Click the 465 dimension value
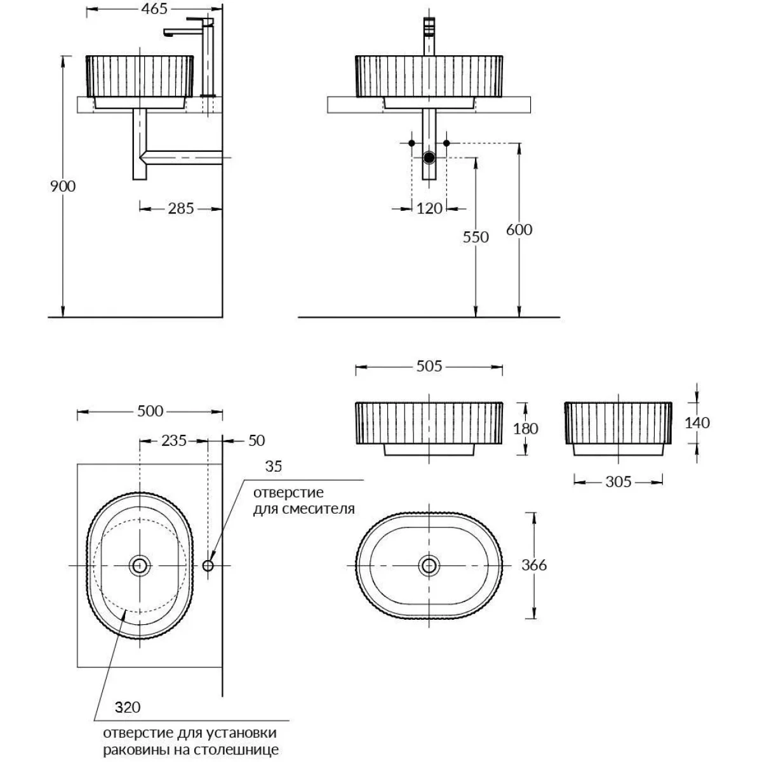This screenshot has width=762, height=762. [x=154, y=9]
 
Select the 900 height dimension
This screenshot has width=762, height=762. [x=63, y=186]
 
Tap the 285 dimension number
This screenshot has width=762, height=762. [x=181, y=208]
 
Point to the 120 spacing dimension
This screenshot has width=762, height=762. [x=429, y=208]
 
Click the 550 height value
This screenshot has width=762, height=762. [x=476, y=237]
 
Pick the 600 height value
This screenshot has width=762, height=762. [x=519, y=230]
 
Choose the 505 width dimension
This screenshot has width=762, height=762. [x=429, y=366]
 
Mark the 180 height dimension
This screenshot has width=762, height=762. [x=526, y=429]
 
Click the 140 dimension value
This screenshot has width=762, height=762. [x=697, y=423]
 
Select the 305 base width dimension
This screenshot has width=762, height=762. [x=618, y=481]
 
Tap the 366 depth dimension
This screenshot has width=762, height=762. [x=534, y=565]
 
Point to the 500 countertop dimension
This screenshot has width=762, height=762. [x=150, y=411]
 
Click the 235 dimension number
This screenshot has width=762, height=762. [x=174, y=441]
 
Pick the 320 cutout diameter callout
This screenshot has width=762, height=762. [x=128, y=707]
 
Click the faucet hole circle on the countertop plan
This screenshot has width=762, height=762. [x=208, y=566]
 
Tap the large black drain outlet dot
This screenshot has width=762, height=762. [x=429, y=157]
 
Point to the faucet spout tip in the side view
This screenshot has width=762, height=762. [x=168, y=34]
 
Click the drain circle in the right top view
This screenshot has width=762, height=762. [x=429, y=566]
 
